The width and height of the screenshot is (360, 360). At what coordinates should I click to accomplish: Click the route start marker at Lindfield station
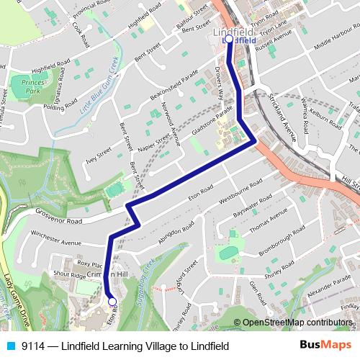[229, 40]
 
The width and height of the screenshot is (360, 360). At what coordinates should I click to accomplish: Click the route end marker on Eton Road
[112, 302]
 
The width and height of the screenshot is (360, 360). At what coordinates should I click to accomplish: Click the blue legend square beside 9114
[8, 346]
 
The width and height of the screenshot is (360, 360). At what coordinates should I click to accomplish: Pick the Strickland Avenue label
[279, 114]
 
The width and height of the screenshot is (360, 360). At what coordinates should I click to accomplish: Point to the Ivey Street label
[101, 155]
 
